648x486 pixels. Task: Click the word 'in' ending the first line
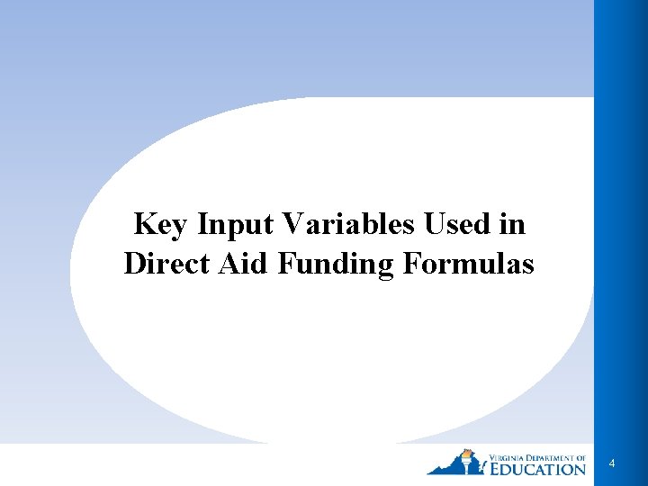coord(512,223)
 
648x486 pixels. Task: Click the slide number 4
coord(612,463)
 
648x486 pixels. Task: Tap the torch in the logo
coord(466,458)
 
